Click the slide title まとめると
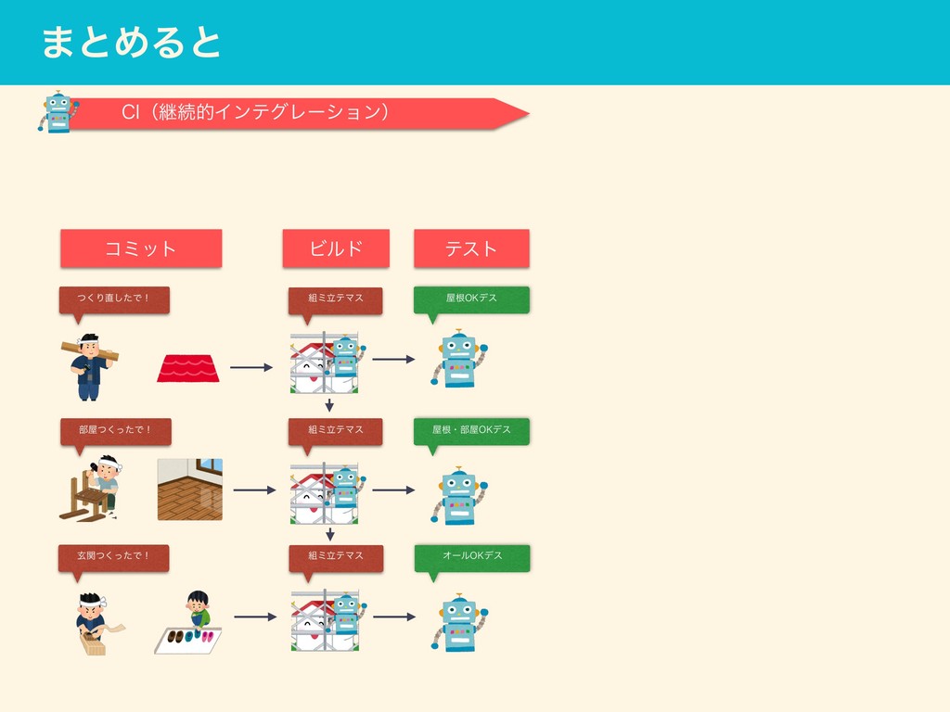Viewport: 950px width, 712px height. (x=131, y=44)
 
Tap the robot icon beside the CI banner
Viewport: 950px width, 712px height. (x=58, y=112)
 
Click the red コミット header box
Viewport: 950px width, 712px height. (x=141, y=248)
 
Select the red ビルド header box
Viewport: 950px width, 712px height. (x=336, y=248)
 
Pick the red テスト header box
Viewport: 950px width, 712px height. (x=471, y=248)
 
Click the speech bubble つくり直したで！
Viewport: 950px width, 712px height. (x=115, y=299)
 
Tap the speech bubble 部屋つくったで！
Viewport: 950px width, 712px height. (x=115, y=430)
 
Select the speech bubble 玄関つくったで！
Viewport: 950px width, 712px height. (x=115, y=556)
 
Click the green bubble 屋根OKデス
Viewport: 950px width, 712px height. (x=471, y=299)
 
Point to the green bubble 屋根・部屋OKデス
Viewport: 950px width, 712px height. (x=471, y=430)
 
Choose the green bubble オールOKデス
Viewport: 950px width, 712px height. (x=471, y=556)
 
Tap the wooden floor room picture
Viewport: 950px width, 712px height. (x=190, y=489)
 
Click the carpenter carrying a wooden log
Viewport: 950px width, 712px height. (x=88, y=365)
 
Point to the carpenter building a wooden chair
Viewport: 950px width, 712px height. (x=93, y=488)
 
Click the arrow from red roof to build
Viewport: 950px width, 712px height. (x=250, y=368)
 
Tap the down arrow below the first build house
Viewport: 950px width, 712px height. (x=329, y=404)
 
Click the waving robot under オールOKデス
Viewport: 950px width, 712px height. (x=458, y=622)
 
